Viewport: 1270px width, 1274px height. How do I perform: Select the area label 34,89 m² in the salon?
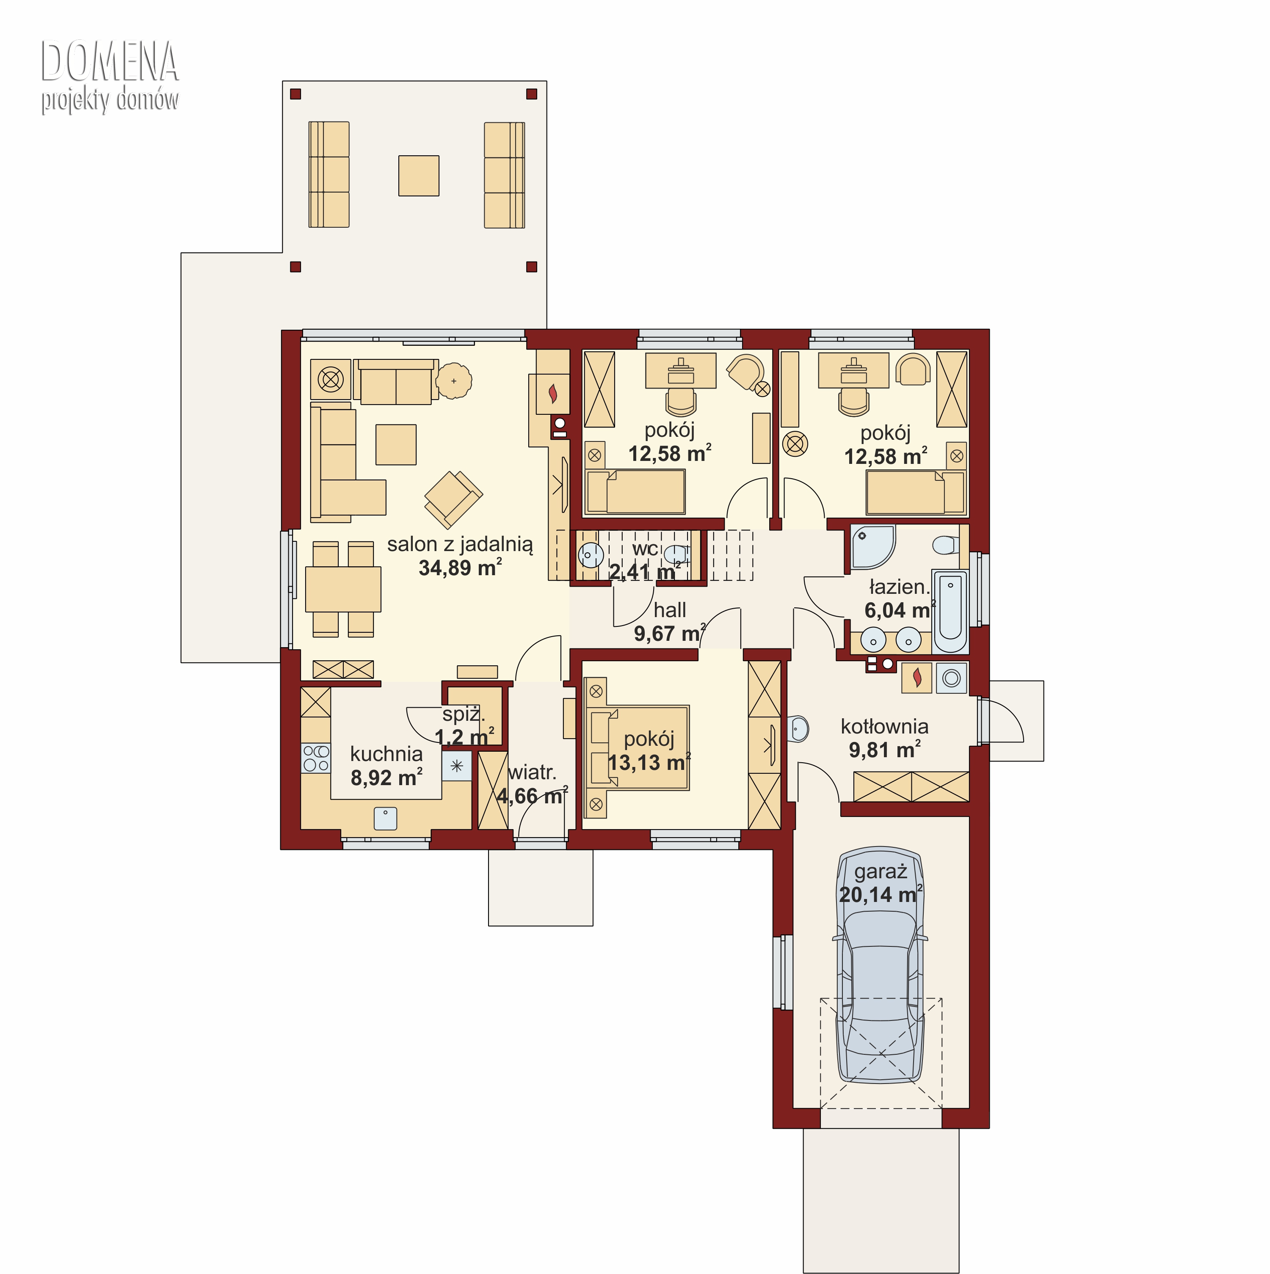460,567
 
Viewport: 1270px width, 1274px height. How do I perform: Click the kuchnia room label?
387,753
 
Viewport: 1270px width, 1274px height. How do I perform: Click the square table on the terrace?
419,175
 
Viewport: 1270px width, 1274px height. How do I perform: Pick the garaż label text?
880,872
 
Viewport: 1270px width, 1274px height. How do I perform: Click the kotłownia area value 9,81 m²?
884,750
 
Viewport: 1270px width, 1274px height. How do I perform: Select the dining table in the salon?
343,589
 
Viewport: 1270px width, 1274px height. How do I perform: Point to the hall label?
670,610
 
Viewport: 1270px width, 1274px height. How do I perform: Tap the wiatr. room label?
532,772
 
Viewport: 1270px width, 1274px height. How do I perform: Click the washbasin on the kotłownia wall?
798,729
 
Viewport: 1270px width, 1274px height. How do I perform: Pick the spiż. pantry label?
464,714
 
